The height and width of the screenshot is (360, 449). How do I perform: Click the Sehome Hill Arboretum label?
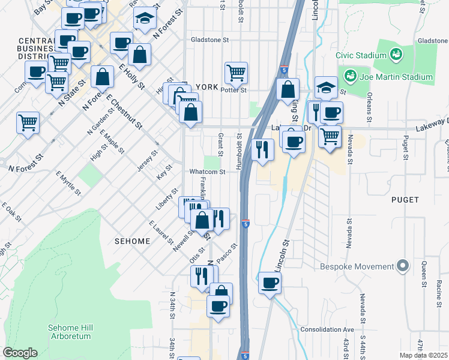tap(70, 332)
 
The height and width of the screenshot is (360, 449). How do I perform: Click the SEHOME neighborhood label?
tap(131, 241)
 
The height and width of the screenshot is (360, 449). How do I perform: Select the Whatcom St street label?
tap(207, 172)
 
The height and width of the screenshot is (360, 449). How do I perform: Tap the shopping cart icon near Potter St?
tap(237, 73)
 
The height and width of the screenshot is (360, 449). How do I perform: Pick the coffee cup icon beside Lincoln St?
tap(270, 283)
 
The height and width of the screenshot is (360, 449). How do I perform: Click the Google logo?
tap(20, 353)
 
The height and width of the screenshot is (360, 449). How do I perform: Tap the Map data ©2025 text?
tap(423, 355)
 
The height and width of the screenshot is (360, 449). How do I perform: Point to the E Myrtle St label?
tap(68, 184)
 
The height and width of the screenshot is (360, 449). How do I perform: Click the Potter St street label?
tap(234, 91)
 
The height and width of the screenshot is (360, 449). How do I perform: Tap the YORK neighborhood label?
tap(206, 87)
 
